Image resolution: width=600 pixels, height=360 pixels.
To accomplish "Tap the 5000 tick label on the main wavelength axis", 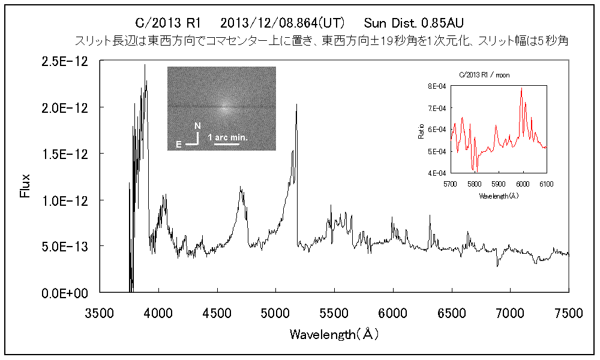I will point(275,313).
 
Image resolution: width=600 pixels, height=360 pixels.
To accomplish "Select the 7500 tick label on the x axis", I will point(568,313).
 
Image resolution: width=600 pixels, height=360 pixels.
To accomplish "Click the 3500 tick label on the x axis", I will point(100,313).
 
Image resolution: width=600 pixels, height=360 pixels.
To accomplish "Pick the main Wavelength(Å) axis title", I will point(334,334).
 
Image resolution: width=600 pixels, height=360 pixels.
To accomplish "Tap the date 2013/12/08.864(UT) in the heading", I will point(282,23).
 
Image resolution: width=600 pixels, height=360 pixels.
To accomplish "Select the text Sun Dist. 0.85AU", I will point(413,23).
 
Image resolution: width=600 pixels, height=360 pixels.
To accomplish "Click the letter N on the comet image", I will point(197,126).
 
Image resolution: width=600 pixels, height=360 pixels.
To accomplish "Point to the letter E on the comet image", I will point(179,145).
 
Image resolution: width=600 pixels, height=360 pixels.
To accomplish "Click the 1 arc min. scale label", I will point(228,138).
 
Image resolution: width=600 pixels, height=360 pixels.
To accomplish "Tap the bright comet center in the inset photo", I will point(224,109).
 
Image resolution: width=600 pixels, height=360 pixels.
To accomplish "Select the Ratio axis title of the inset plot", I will point(422,130).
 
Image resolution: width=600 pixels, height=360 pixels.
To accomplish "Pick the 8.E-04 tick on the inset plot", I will point(436,86).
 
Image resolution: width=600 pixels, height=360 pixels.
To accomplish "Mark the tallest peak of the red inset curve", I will point(521,89).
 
